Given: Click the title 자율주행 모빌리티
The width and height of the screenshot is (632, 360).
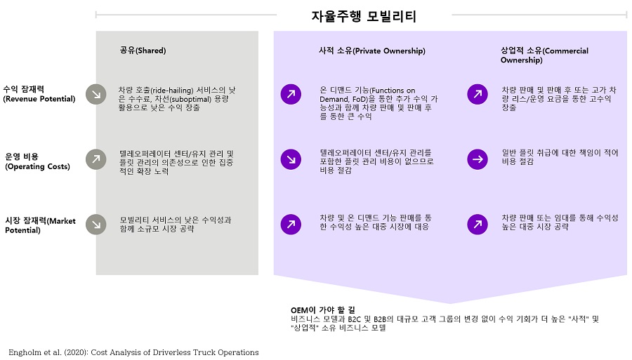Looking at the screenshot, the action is (364, 16).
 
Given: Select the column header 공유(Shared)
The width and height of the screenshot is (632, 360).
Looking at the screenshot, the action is (143, 51).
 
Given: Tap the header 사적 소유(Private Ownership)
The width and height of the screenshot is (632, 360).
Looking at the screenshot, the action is (372, 51).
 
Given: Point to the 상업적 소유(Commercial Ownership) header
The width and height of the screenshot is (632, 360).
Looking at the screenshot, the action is (544, 55).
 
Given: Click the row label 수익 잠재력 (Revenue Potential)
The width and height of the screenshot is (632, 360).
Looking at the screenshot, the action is (39, 94).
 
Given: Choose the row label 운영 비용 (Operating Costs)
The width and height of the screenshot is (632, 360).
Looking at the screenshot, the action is (37, 161).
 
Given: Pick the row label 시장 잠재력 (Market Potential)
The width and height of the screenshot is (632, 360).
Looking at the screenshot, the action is (40, 225).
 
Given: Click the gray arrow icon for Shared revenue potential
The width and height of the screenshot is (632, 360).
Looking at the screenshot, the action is (96, 94).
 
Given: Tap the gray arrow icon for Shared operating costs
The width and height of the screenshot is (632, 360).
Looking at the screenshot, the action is (96, 159).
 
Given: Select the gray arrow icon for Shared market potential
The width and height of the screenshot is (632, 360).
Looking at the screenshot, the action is (96, 225).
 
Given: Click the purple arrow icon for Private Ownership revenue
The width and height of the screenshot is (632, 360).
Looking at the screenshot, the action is (291, 94).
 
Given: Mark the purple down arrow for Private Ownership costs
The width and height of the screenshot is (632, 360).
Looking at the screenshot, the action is (291, 159).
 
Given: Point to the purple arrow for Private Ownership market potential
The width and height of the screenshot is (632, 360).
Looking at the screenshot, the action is (291, 225).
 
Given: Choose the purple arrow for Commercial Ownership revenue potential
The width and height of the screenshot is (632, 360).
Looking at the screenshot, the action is (478, 94).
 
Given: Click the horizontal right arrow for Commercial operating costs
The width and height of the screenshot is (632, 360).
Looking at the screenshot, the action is (478, 159).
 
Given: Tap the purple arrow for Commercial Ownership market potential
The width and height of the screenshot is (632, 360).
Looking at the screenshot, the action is (478, 225).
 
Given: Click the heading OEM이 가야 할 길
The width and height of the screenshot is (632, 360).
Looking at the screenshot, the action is (323, 309).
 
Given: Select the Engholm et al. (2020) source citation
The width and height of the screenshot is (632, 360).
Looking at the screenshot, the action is (134, 352).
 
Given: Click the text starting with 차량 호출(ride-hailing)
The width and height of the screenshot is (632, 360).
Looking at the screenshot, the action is (177, 99).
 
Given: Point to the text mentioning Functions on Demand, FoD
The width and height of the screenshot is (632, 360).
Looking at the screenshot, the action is (378, 103).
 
